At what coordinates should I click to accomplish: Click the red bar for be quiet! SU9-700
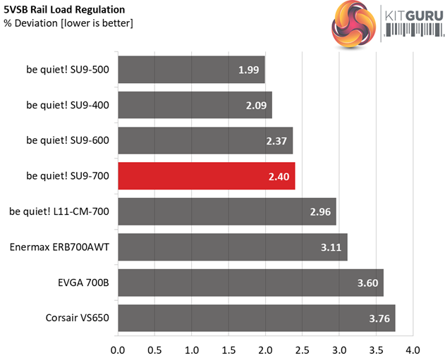click(x=206, y=176)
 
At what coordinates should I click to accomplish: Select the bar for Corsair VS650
click(x=256, y=318)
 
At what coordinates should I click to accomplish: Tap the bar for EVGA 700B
click(x=250, y=283)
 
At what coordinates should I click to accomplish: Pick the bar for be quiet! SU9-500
click(x=190, y=70)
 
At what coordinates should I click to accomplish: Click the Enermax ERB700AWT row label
click(x=60, y=247)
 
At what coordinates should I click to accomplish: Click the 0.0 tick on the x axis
click(x=118, y=349)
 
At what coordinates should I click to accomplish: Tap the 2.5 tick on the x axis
click(x=303, y=349)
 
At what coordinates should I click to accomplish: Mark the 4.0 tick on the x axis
click(x=413, y=349)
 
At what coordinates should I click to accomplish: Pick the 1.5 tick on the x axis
click(x=228, y=349)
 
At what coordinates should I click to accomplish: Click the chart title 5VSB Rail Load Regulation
click(x=65, y=10)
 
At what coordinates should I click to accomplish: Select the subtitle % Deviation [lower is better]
click(x=68, y=23)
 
